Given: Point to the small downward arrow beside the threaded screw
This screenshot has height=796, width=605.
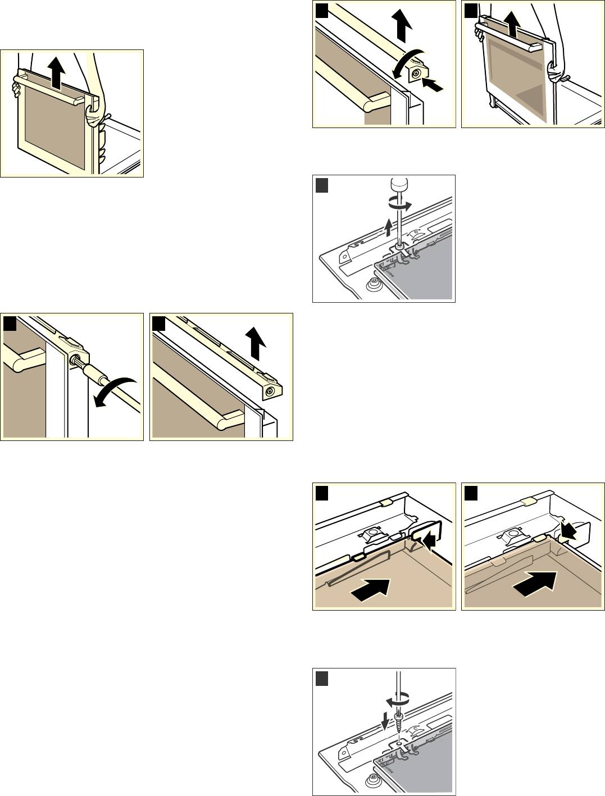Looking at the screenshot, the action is [x=385, y=720].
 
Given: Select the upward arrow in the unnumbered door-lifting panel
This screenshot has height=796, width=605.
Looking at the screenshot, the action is [x=56, y=73].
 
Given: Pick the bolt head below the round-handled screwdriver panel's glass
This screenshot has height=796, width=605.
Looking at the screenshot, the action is [x=372, y=285].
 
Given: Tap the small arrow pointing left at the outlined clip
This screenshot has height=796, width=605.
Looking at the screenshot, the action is [x=430, y=542].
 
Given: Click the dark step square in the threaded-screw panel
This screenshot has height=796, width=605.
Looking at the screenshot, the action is [x=322, y=679].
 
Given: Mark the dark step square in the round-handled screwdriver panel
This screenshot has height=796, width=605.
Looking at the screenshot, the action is [x=322, y=185].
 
